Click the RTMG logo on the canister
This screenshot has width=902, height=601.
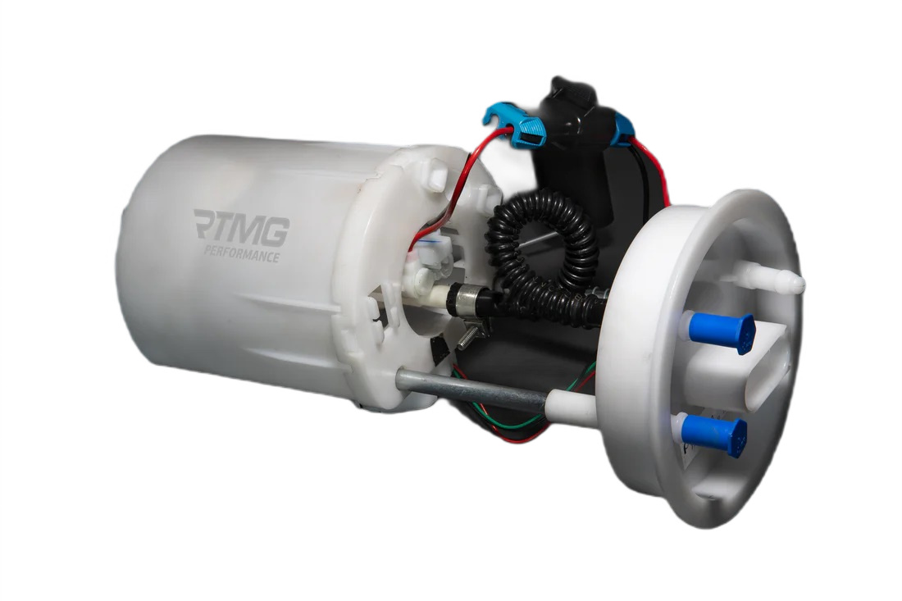point(241,227)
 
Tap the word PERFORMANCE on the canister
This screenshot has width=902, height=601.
point(242,253)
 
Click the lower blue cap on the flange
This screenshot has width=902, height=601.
point(714,435)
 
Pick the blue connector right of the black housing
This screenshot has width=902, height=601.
point(622,130)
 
